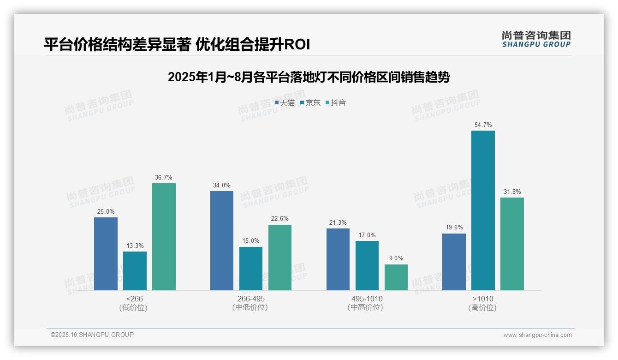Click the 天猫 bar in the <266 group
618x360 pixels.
pos(106,254)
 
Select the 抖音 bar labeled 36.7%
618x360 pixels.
pos(164,237)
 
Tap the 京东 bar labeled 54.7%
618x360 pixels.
pos(483,210)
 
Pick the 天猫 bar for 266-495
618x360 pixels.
pos(222,240)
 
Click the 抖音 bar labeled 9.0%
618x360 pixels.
pos(396,277)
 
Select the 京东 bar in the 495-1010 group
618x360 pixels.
pos(367,265)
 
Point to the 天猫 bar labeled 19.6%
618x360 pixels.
pos(454,262)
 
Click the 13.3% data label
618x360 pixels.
pos(135,246)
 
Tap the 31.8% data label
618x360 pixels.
pos(512,192)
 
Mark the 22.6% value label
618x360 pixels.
pos(280,219)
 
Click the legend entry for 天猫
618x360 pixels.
pos(285,103)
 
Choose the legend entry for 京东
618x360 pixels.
pos(310,103)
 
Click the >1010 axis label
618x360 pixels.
pos(483,299)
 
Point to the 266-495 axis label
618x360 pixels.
pos(250,299)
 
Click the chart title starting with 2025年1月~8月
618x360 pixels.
pos(309,77)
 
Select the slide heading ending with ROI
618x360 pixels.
pos(177,45)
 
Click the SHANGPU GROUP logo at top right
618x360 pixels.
pos(536,39)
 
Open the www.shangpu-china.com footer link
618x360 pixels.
pos(537,335)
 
